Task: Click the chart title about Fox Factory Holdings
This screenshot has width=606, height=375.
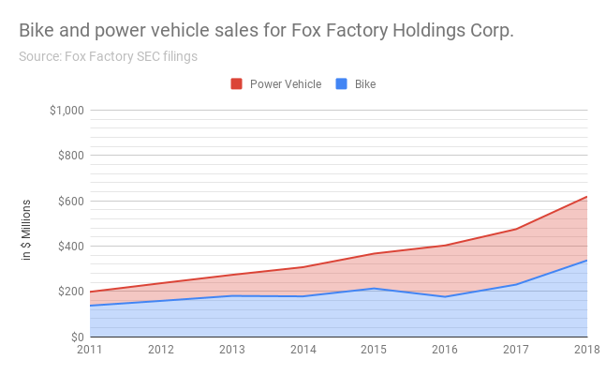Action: click(266, 30)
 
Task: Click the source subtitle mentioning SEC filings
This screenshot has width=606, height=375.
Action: click(108, 56)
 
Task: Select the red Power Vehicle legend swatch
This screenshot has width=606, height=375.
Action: click(236, 84)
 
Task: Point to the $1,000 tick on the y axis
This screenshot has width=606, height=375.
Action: click(67, 111)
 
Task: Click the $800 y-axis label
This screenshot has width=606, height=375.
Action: click(71, 156)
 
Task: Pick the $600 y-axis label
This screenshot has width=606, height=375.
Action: click(71, 201)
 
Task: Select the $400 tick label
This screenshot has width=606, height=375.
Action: click(71, 247)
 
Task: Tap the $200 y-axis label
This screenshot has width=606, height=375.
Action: click(71, 292)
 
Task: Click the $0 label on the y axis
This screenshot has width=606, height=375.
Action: click(77, 337)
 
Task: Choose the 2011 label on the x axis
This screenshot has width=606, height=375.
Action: click(91, 351)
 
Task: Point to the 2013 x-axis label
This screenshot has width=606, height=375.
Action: click(232, 351)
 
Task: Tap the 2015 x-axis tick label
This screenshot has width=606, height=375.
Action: click(374, 351)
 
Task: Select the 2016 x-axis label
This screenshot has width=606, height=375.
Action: click(445, 351)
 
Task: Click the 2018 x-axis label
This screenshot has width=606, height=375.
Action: click(585, 351)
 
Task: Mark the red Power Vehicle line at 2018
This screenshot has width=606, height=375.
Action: click(586, 197)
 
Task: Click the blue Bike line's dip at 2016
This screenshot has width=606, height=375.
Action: click(445, 296)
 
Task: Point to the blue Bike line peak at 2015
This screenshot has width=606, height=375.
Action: click(374, 288)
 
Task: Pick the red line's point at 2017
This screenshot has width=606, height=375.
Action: click(515, 229)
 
